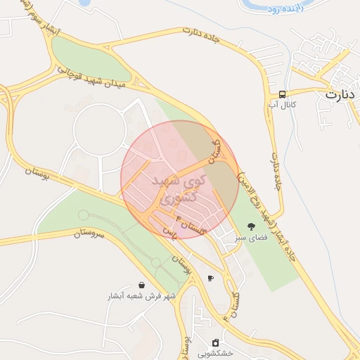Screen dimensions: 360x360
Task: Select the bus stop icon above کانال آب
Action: [x=282, y=94]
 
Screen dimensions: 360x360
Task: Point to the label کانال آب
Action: [x=283, y=105]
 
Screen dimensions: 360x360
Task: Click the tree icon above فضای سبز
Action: [x=251, y=226]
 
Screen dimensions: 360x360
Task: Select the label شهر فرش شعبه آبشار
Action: [x=141, y=297]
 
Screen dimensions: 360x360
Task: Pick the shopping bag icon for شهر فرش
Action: [x=142, y=285]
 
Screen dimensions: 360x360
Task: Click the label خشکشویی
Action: [x=216, y=354]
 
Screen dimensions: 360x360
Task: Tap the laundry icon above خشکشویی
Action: [x=215, y=342]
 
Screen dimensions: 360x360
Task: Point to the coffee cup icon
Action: [x=210, y=278]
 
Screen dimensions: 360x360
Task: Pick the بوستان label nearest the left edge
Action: [x=38, y=173]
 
